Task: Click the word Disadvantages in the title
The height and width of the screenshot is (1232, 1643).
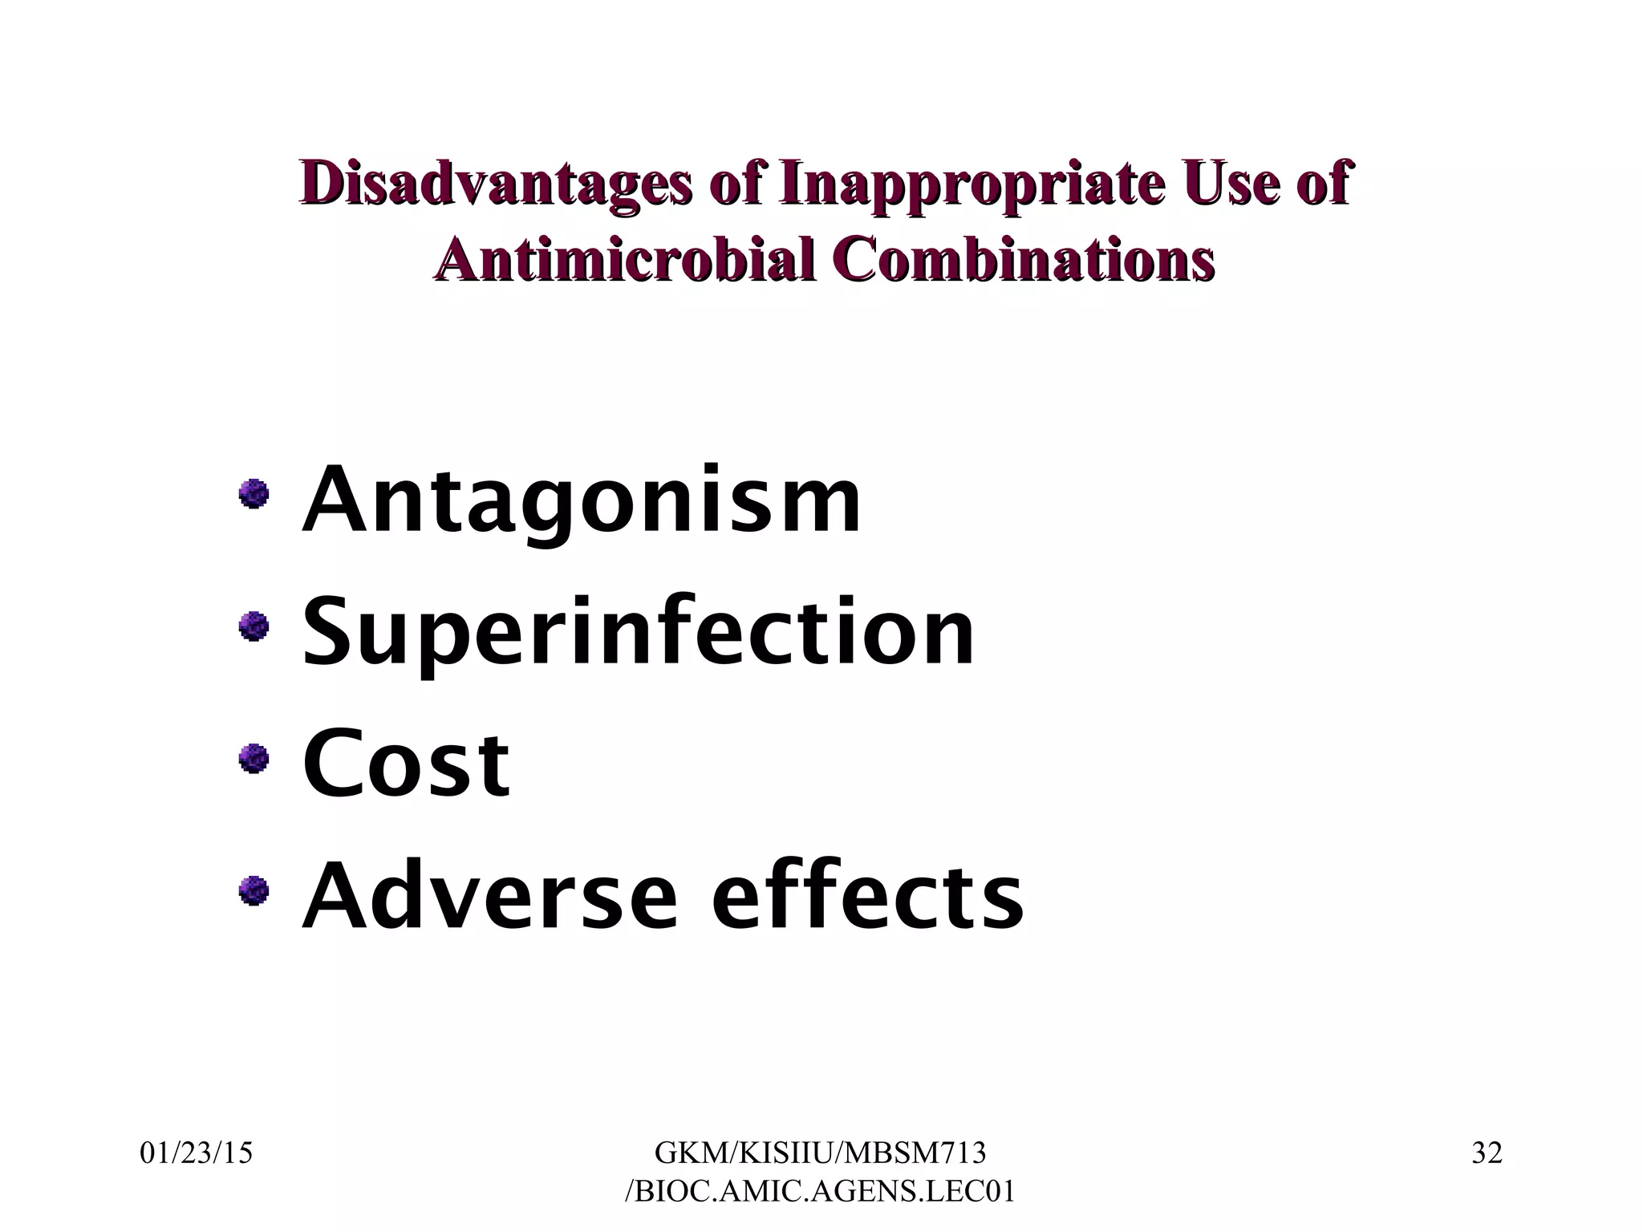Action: pos(495,184)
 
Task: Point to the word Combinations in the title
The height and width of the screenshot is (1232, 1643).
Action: pos(1021,261)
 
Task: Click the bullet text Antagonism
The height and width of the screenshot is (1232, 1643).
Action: pos(582,500)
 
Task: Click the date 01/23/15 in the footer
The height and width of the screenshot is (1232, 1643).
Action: pos(197,1153)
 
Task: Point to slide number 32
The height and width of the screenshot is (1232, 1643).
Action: pos(1487,1153)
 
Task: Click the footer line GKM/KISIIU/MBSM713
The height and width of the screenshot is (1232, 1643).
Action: pos(820,1153)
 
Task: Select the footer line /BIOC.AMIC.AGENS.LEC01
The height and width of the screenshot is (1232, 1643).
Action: pos(820,1191)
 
